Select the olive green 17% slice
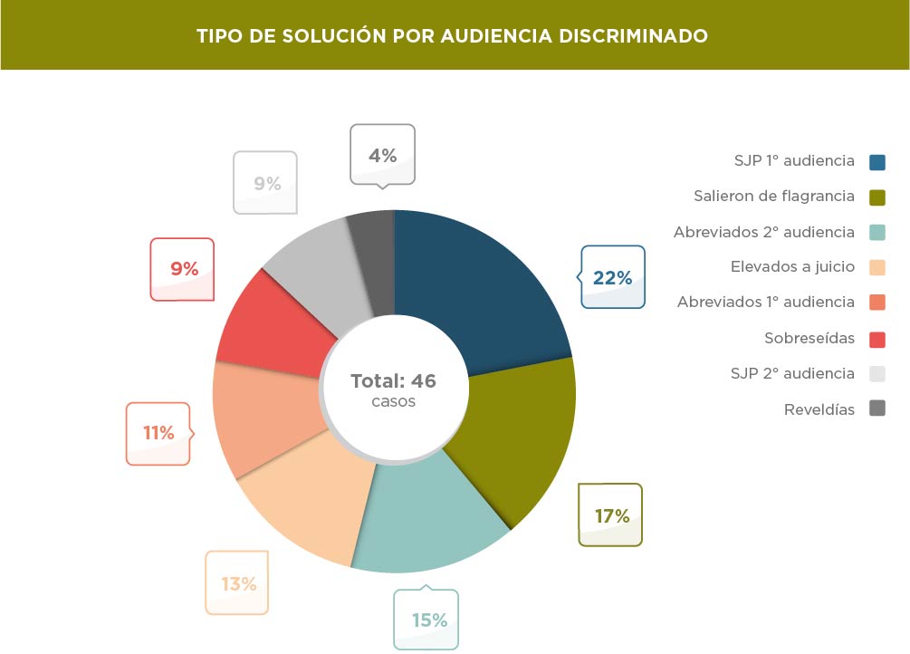516,435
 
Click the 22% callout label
612,278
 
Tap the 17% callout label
611,516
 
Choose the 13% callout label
238,584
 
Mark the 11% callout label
158,433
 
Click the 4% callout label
382,156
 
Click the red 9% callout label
184,269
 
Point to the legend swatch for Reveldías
876,409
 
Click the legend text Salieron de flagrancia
774,196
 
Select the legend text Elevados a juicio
792,267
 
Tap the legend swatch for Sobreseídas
876,339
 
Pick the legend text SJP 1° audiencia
794,161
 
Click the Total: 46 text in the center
394,381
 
